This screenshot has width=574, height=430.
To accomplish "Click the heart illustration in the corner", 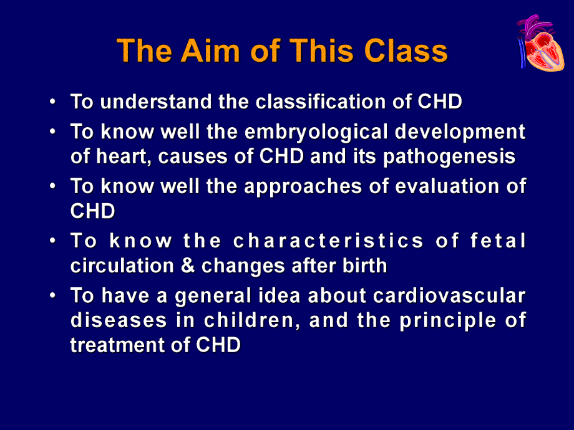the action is tap(540, 43).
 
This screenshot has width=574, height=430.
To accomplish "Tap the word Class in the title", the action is tap(406, 51).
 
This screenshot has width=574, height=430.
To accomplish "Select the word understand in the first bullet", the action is tap(155, 102).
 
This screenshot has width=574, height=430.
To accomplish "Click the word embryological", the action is tap(316, 132).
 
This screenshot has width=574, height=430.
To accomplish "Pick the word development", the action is tap(460, 132).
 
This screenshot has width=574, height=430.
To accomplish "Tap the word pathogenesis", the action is tap(449, 157).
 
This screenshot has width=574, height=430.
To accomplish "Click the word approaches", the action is tap(303, 187).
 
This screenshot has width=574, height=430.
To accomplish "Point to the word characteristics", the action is tap(328, 241).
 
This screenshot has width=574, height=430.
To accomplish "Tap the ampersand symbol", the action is tap(187, 266).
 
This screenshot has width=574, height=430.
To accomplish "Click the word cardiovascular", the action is tap(449, 295).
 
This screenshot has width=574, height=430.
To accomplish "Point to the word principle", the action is tap(448, 321).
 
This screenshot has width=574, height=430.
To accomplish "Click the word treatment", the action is tap(117, 345).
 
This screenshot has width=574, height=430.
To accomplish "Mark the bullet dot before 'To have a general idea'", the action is tap(53, 295).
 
